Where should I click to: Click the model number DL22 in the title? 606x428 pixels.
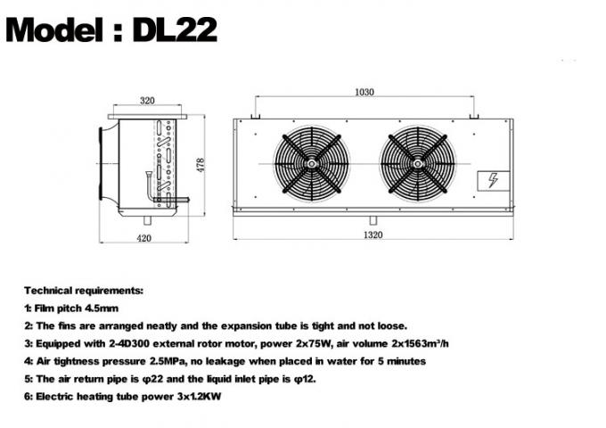(174, 30)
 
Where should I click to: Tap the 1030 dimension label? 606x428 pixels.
(364, 92)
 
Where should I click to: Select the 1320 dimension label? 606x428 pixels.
(373, 235)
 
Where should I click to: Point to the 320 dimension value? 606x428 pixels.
(147, 100)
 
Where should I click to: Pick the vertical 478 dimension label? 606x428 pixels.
(201, 167)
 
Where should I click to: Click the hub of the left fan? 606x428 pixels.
(312, 164)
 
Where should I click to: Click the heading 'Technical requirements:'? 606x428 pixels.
(82, 292)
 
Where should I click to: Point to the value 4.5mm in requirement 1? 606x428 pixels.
(103, 309)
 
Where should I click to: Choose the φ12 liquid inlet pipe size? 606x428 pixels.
(302, 378)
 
